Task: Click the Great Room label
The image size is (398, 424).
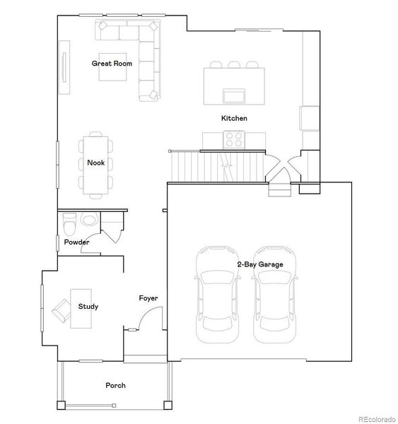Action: (x=112, y=64)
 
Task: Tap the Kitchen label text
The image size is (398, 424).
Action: (x=234, y=118)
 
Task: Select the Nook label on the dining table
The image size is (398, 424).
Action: (x=95, y=163)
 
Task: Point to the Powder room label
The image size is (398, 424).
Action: (x=76, y=242)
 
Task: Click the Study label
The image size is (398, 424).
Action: (x=88, y=307)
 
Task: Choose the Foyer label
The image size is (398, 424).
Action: (x=148, y=298)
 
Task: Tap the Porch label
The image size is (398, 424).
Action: (x=115, y=385)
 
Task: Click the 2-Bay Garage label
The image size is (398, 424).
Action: (x=260, y=264)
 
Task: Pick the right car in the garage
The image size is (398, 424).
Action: (x=274, y=295)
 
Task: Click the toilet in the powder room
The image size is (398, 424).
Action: (x=69, y=224)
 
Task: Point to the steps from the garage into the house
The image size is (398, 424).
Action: (x=279, y=191)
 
